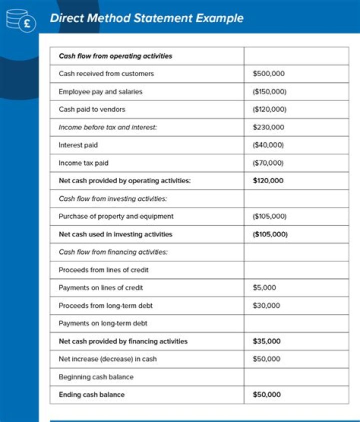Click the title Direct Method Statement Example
[146, 19]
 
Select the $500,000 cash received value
[268, 74]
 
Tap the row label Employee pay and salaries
[100, 92]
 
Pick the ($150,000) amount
[269, 92]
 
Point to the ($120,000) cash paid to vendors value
[269, 109]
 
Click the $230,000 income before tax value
[268, 127]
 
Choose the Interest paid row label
[78, 145]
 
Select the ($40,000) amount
[268, 145]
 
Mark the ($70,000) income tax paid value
[268, 163]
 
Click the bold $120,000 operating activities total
[268, 181]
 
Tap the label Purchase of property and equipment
[116, 216]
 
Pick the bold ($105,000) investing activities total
[270, 234]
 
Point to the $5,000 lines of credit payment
[264, 288]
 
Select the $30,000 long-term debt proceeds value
[266, 305]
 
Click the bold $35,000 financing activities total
[266, 341]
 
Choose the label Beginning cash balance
[96, 377]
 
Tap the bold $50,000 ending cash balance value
[266, 394]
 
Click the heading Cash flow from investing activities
[112, 199]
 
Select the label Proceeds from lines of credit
[103, 270]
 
